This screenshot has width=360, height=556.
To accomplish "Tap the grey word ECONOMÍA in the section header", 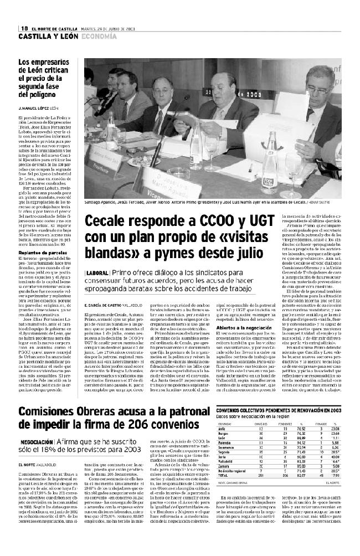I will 99,37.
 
